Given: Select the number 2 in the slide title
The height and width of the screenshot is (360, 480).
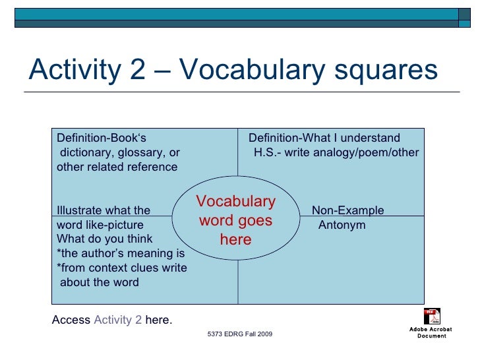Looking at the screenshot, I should coord(137,70).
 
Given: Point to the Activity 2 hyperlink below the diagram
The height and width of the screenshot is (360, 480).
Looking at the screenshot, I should coord(117,320).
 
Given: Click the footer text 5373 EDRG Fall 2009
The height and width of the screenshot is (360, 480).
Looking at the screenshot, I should coord(239,335).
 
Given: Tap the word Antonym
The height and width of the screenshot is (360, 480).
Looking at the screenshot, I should coord(342,225).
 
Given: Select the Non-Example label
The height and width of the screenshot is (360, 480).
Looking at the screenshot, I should coord(347,211).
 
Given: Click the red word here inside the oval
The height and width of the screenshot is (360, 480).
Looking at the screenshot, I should coord(236,239).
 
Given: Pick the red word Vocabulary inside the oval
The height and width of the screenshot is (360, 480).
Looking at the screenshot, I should coord(236,202).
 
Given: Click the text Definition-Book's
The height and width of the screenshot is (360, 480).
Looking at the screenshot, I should coord(101,138).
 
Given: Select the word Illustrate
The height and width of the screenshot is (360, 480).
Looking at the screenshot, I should coord(80,211).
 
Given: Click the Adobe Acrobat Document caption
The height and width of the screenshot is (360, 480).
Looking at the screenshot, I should coord(431,332).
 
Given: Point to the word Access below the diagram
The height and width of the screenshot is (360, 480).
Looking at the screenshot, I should coord(71,320).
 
